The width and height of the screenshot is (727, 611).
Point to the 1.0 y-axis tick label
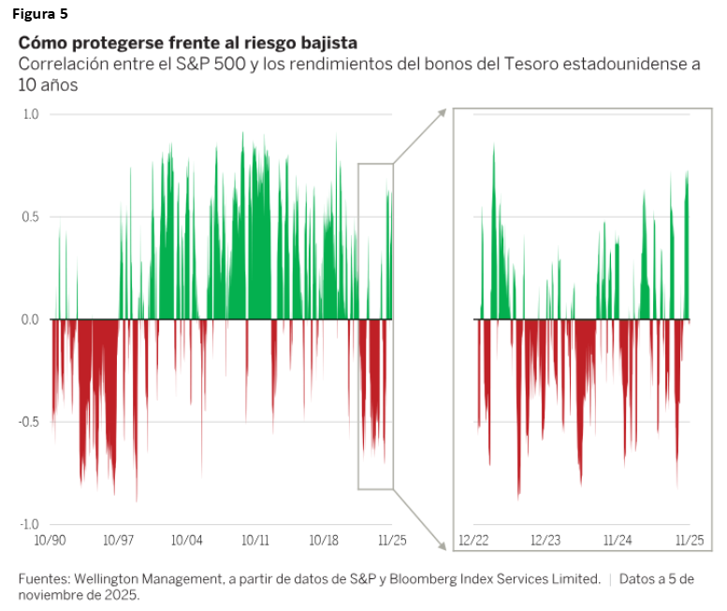click(x=31, y=114)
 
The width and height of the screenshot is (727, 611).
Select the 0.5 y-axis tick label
click(x=31, y=217)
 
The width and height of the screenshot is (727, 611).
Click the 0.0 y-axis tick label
click(x=31, y=319)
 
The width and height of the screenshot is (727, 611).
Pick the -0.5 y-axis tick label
click(x=29, y=422)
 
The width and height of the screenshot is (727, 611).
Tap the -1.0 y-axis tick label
click(x=29, y=524)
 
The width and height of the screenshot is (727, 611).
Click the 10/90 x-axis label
click(x=50, y=540)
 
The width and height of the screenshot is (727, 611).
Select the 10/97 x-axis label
click(x=119, y=540)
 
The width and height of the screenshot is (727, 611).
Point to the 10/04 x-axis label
click(x=187, y=540)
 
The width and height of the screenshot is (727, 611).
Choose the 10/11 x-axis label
click(x=255, y=540)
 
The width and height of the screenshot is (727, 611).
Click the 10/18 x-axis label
click(x=324, y=540)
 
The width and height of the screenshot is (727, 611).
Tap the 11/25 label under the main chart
click(x=392, y=540)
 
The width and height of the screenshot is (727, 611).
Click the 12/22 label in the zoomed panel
click(x=474, y=540)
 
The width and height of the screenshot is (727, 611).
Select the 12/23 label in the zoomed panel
click(x=545, y=540)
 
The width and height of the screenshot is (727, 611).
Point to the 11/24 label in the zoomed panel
click(x=618, y=540)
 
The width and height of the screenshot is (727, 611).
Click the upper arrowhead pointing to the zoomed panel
click(x=441, y=111)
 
